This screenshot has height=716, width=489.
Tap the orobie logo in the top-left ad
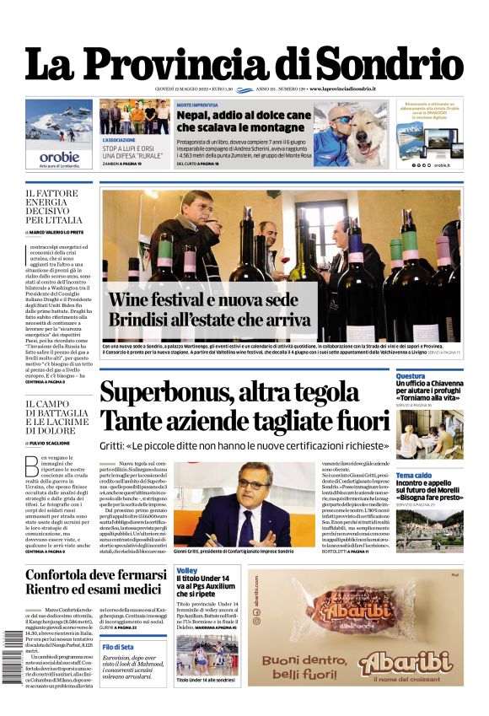(x=59, y=157)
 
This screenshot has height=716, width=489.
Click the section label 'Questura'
(x=411, y=376)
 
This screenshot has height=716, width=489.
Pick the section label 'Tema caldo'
(x=414, y=476)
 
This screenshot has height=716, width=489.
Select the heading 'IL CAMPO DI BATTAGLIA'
(x=56, y=413)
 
